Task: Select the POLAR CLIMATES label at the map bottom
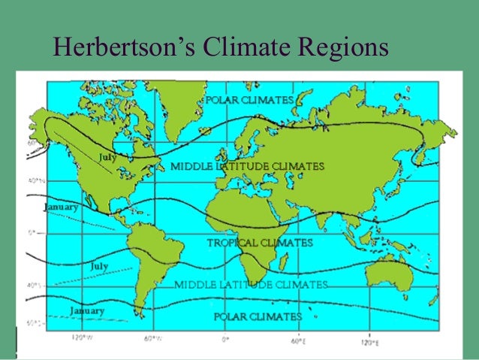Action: point(258,316)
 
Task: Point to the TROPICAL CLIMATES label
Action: point(260,243)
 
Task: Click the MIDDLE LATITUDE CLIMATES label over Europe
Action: point(248,165)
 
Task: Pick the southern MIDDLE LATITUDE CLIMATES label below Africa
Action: point(251,285)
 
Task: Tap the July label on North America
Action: point(107,156)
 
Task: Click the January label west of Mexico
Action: point(61,207)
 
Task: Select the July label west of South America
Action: point(99,266)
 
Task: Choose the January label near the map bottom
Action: point(86,310)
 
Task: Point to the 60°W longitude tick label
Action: point(153,339)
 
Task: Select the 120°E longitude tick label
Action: point(368,339)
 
